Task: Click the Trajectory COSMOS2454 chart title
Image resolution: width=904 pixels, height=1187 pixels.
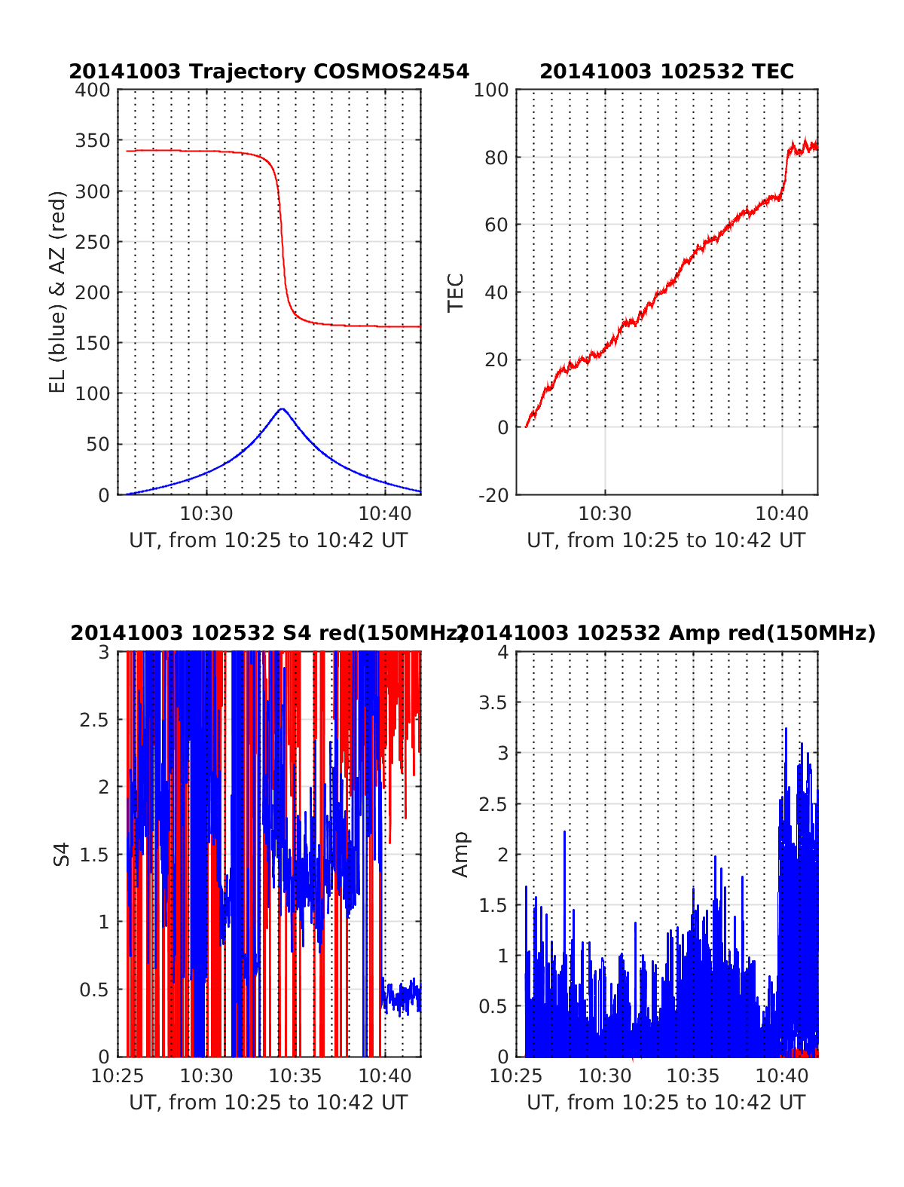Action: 269,72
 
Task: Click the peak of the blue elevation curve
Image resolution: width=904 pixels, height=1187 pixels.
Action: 282,408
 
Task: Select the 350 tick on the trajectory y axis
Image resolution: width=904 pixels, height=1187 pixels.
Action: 93,141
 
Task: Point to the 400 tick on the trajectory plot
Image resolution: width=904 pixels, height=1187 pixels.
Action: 93,90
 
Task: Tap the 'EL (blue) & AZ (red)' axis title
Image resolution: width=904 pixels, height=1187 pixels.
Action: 58,292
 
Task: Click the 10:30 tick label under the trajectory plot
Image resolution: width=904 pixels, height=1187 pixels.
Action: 206,514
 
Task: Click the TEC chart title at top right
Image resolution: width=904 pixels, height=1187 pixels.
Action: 667,72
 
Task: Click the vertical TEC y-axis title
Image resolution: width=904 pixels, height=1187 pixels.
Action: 456,292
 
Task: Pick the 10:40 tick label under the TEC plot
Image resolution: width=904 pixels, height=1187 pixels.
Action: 782,514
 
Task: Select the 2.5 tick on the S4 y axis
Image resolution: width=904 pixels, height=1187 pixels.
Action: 95,720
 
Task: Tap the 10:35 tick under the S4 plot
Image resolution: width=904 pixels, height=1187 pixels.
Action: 296,1075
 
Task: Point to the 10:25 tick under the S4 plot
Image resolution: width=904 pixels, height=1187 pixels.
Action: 118,1075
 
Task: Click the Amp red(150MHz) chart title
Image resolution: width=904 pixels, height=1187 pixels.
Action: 667,633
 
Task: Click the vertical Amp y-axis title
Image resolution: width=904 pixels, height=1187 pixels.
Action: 460,854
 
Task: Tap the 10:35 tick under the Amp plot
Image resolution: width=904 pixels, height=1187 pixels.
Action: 694,1075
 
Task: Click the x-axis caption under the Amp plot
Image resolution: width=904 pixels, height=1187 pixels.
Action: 667,1103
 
